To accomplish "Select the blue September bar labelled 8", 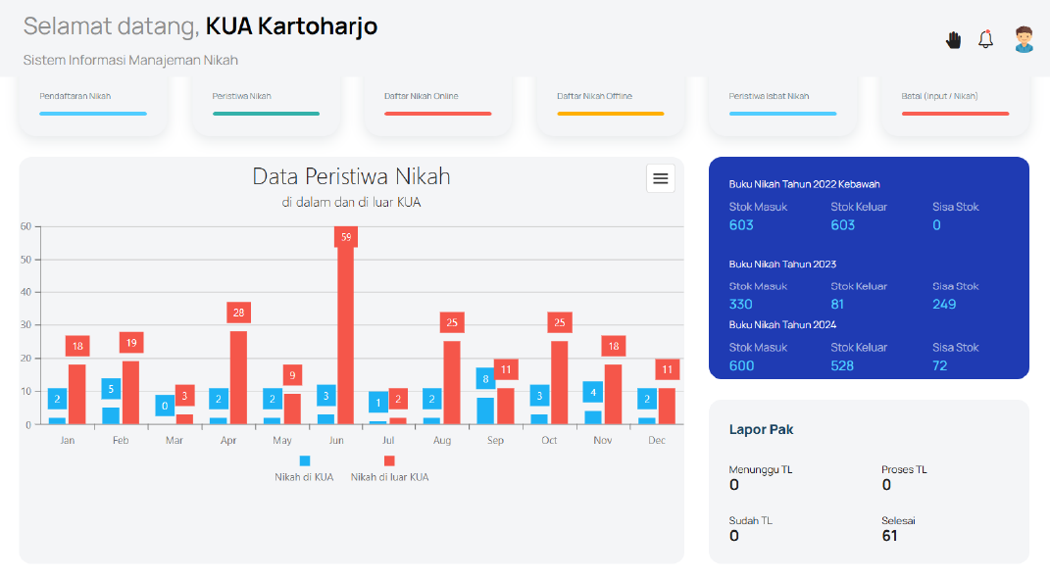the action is click(x=485, y=411).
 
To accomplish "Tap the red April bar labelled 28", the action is click(x=238, y=377).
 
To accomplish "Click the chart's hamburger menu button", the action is click(x=660, y=178).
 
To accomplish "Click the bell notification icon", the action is click(x=985, y=39).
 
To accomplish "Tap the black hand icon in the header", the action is click(x=954, y=40).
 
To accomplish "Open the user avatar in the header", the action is click(x=1024, y=39).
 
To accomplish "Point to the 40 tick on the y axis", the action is click(x=26, y=292).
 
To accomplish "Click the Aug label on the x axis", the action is click(x=442, y=441).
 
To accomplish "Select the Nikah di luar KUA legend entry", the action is click(x=390, y=468).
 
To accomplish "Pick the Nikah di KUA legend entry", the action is click(x=304, y=468).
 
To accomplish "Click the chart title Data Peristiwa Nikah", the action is click(x=352, y=176).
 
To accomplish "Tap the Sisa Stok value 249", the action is click(x=944, y=304).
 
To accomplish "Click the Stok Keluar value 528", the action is click(x=842, y=365).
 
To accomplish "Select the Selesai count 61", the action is click(x=889, y=536).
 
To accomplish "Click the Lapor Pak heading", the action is click(x=762, y=430).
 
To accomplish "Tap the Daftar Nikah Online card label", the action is click(x=422, y=96).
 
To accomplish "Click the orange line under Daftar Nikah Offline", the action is click(x=611, y=114).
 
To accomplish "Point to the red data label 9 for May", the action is click(x=292, y=375).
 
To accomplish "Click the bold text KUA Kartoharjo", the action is click(x=291, y=26).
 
